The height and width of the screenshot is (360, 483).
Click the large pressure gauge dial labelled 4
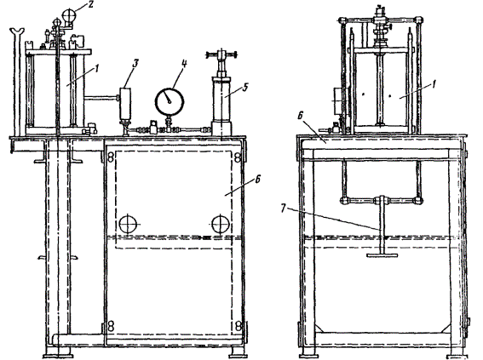[170, 102]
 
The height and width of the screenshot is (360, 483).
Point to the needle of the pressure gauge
[167, 98]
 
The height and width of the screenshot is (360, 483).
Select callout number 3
[135, 63]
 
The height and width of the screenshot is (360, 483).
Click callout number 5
[244, 87]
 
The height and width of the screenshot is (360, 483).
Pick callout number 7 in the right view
[283, 209]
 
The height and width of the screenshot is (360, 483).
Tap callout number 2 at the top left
[90, 6]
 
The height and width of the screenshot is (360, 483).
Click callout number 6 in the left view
[258, 179]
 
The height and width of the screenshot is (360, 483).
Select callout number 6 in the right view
[301, 116]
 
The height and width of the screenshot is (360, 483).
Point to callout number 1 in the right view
[434, 84]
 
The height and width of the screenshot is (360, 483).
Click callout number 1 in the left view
[97, 69]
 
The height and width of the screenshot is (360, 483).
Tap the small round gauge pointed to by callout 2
[69, 15]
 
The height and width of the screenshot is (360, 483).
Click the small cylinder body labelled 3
[125, 104]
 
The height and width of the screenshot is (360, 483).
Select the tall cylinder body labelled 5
[221, 100]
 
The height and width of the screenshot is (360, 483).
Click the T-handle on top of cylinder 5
[221, 55]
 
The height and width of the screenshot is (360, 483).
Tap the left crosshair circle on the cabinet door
[128, 224]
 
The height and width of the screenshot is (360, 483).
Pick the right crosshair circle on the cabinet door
[221, 224]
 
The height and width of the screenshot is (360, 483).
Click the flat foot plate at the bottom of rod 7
[382, 254]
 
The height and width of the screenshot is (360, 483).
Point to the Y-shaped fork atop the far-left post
[17, 31]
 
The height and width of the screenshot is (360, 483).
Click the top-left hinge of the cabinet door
[111, 157]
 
